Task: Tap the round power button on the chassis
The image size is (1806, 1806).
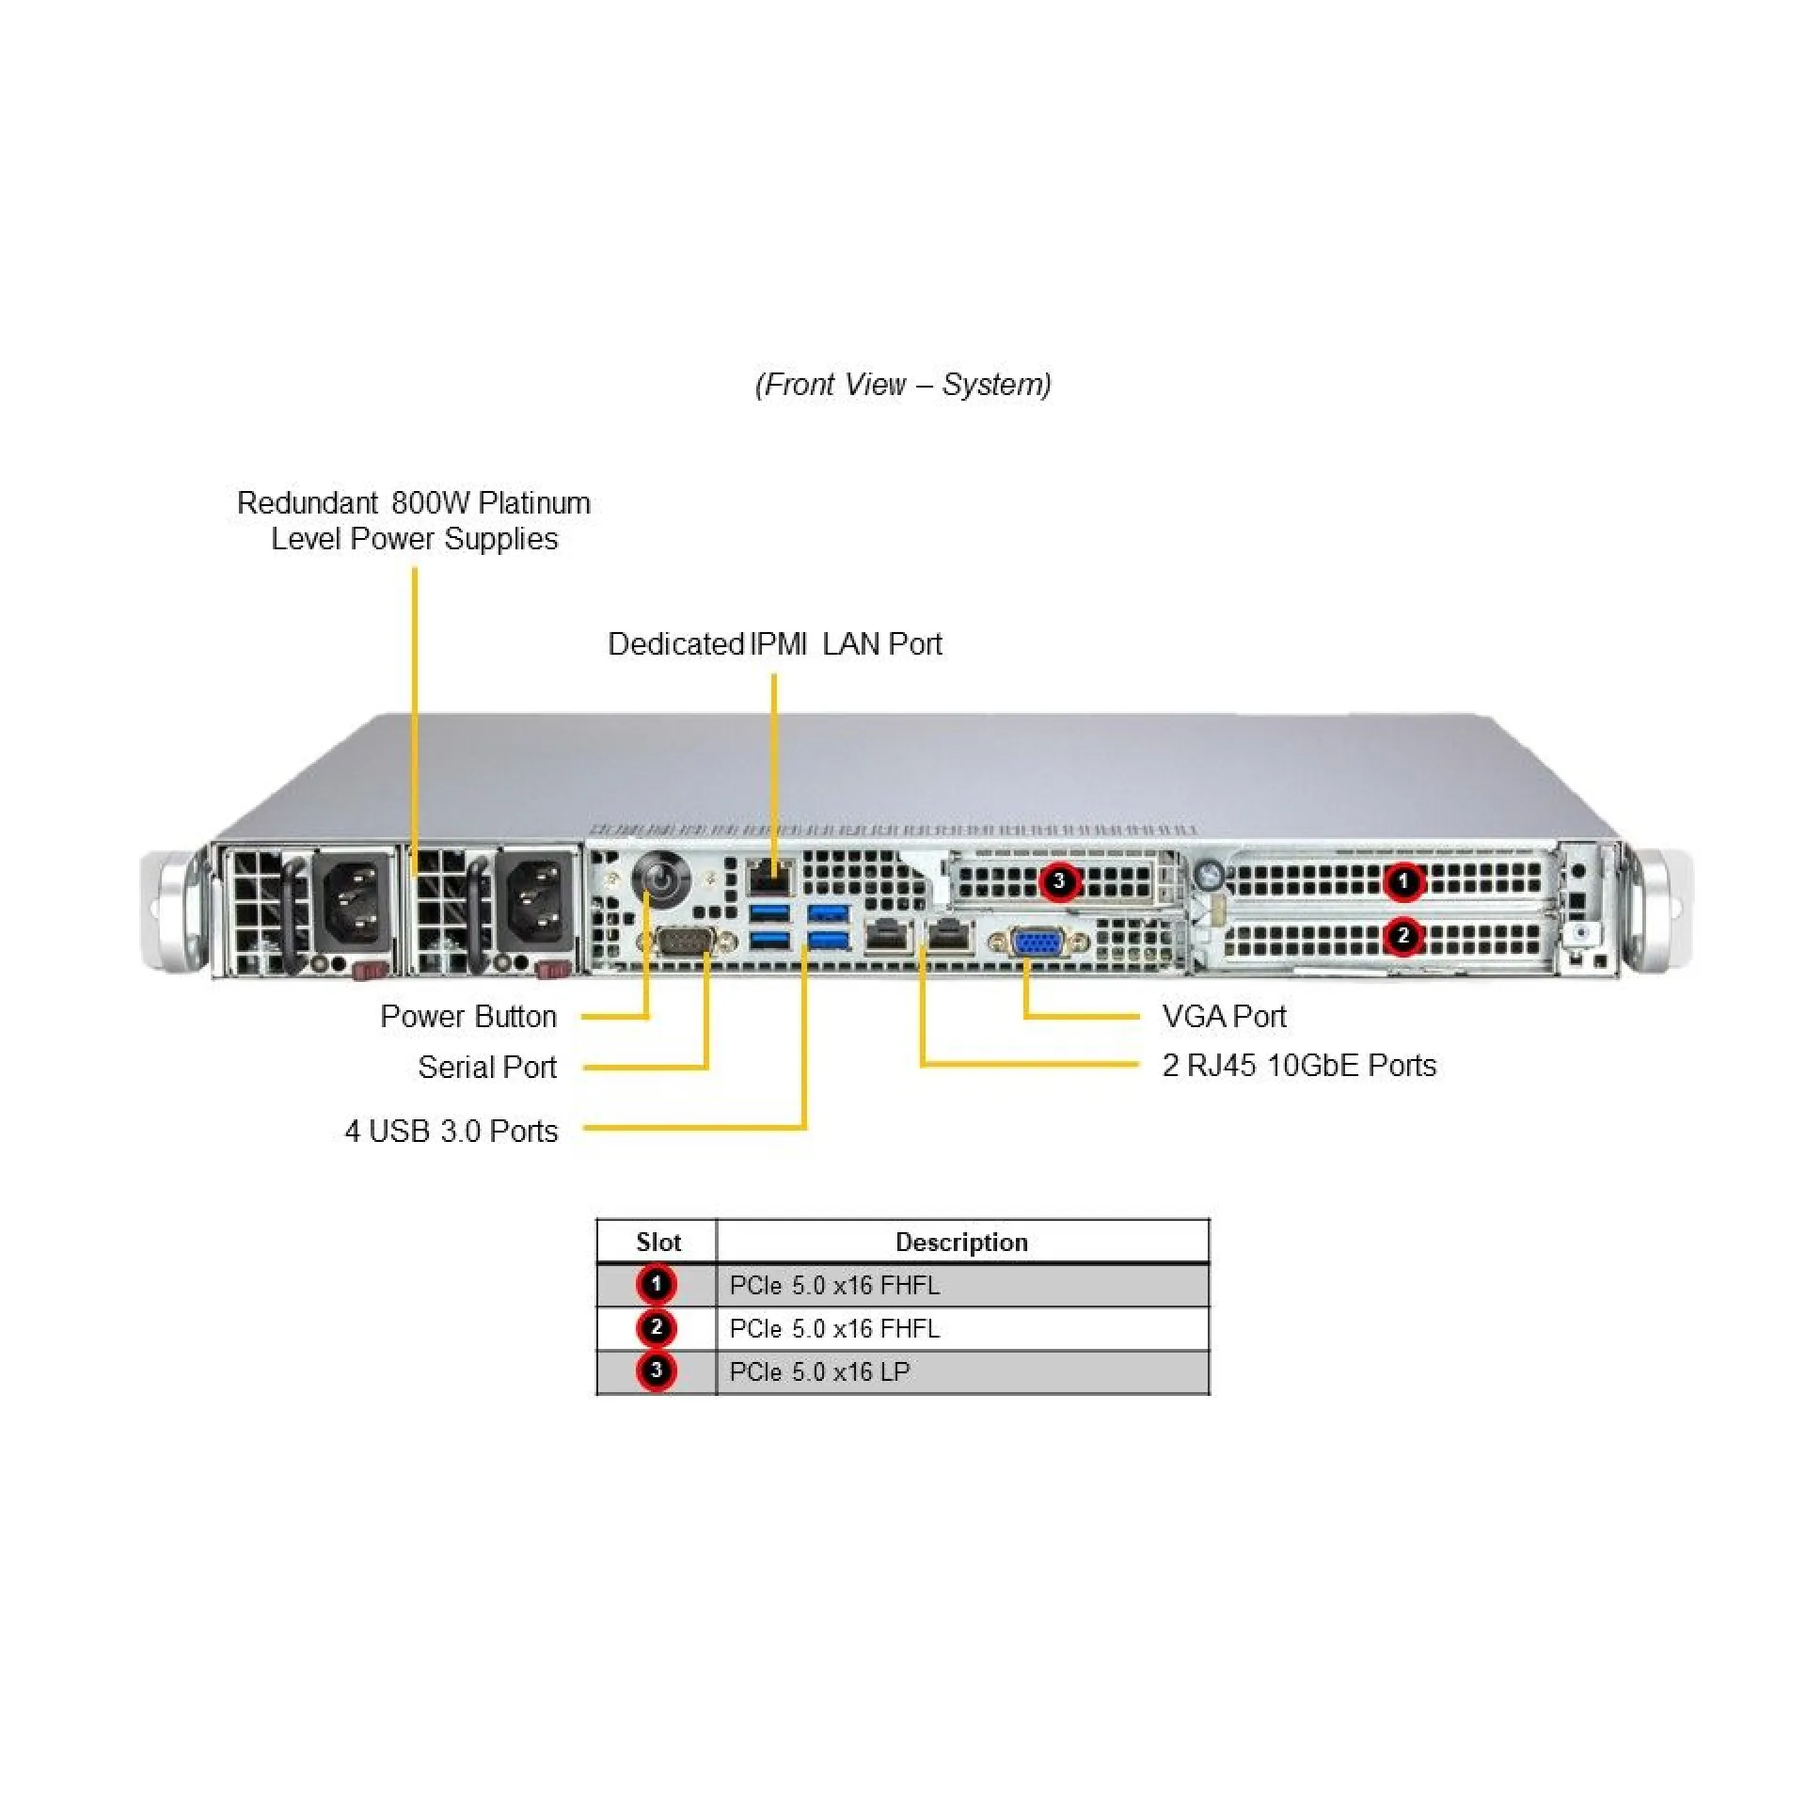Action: tap(662, 879)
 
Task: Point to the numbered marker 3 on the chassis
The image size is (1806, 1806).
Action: tap(1059, 881)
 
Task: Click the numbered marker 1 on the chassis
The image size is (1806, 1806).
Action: tap(1403, 881)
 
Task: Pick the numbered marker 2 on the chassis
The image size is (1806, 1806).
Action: tap(1403, 936)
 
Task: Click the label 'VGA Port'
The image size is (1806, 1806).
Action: tap(1224, 1016)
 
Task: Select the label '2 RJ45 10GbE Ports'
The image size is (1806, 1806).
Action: tap(1299, 1065)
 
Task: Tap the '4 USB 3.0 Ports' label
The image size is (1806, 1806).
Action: tap(451, 1131)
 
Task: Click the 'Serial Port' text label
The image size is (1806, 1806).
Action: tap(486, 1067)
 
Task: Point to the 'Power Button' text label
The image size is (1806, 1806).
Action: tap(467, 1016)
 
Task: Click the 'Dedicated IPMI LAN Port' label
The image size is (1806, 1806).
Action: tap(774, 643)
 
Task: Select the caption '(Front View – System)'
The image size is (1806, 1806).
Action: tap(903, 384)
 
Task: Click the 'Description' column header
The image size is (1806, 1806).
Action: tap(961, 1242)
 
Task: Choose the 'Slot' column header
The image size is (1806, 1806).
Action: tap(657, 1242)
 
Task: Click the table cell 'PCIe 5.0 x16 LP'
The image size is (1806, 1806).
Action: tap(819, 1371)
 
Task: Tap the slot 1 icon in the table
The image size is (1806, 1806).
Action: tap(657, 1284)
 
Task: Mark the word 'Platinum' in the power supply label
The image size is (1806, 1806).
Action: tap(533, 502)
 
